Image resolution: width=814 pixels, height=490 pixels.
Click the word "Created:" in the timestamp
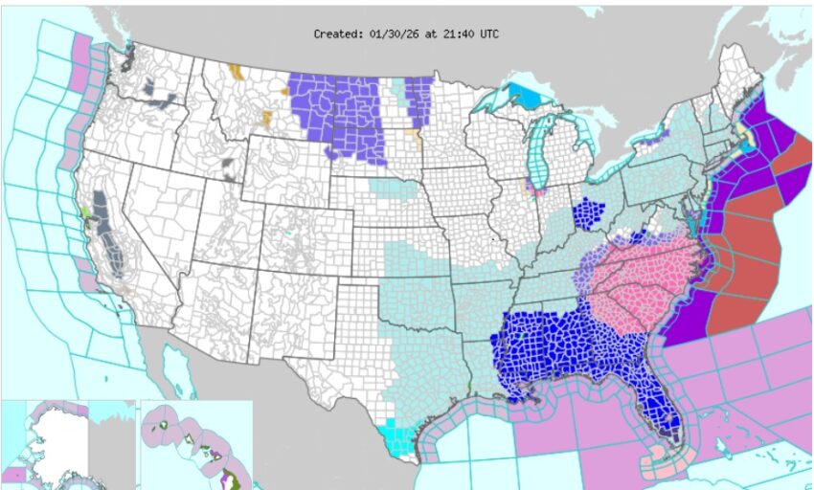tap(337, 33)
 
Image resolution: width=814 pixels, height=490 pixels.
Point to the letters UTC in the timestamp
tap(487, 33)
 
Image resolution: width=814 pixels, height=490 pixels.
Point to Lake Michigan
tap(537, 153)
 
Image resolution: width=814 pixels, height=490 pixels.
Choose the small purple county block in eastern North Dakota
tap(418, 96)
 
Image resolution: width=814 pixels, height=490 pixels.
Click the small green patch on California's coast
tap(86, 212)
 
